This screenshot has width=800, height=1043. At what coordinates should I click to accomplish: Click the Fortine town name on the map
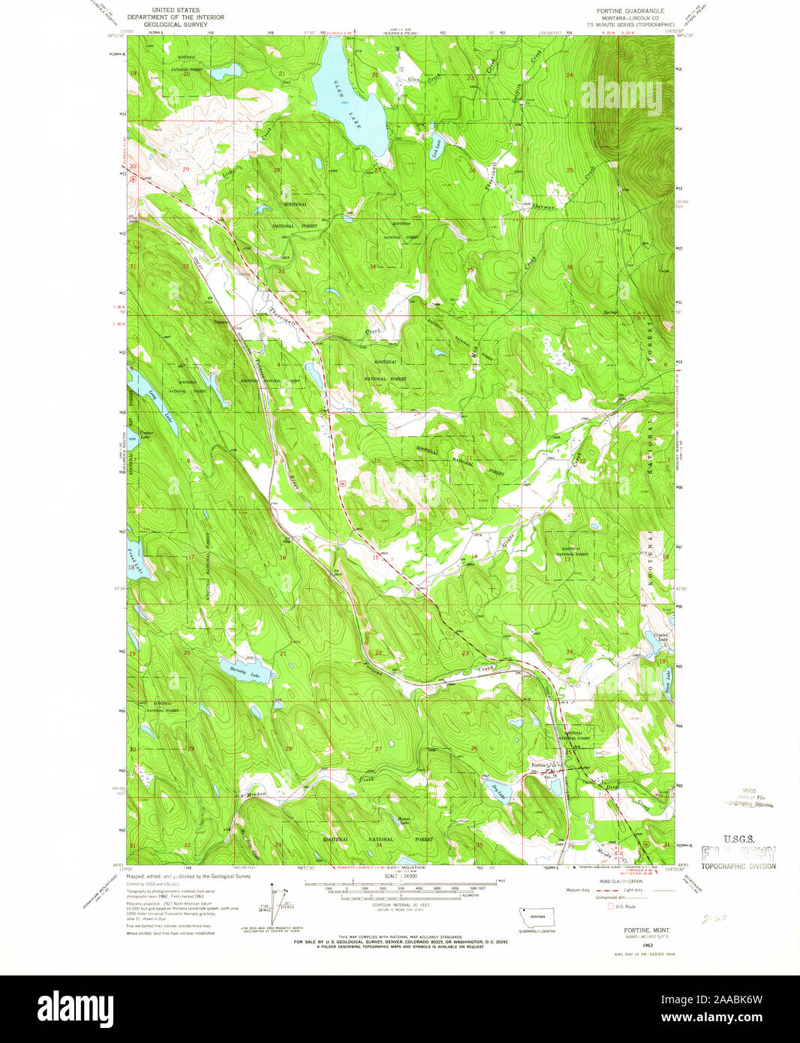(540, 765)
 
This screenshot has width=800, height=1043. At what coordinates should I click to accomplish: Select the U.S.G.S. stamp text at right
(738, 839)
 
